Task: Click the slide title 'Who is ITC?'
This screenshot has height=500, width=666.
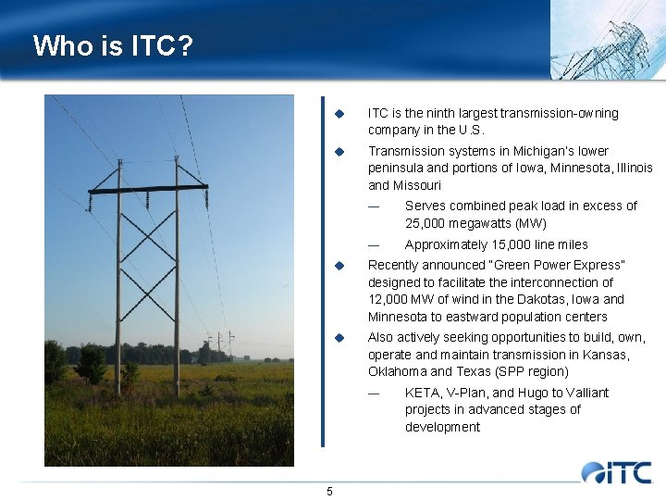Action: click(x=113, y=45)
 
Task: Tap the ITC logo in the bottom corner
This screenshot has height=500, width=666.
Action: click(x=617, y=472)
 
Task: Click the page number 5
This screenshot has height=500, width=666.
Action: click(x=329, y=491)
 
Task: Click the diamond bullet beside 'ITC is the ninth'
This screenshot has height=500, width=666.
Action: click(x=339, y=114)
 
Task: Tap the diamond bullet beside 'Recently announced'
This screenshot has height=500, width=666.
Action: click(x=339, y=266)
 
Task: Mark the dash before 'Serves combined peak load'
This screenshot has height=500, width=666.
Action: click(x=374, y=206)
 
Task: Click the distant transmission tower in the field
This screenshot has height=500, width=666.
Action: click(x=219, y=347)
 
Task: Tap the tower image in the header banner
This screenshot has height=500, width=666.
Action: click(x=606, y=39)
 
